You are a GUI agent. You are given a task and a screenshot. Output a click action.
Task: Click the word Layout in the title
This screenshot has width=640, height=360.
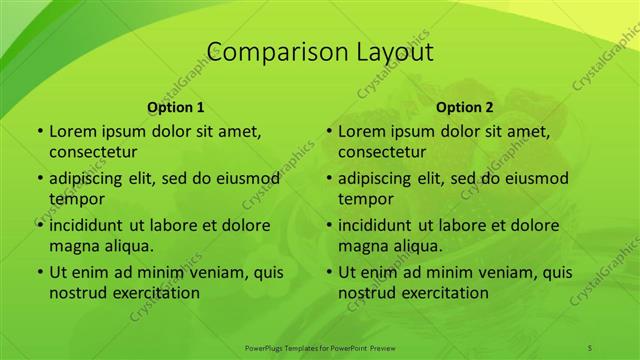point(391,52)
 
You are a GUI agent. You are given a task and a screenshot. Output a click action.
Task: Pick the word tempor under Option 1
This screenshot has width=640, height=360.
point(76,199)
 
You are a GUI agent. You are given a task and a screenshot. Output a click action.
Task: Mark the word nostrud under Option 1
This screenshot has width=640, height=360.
point(79,292)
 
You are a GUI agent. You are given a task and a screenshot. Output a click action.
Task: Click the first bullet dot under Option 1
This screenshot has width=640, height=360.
point(39,132)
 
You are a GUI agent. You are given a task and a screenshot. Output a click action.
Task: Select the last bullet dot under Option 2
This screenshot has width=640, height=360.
point(328,272)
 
